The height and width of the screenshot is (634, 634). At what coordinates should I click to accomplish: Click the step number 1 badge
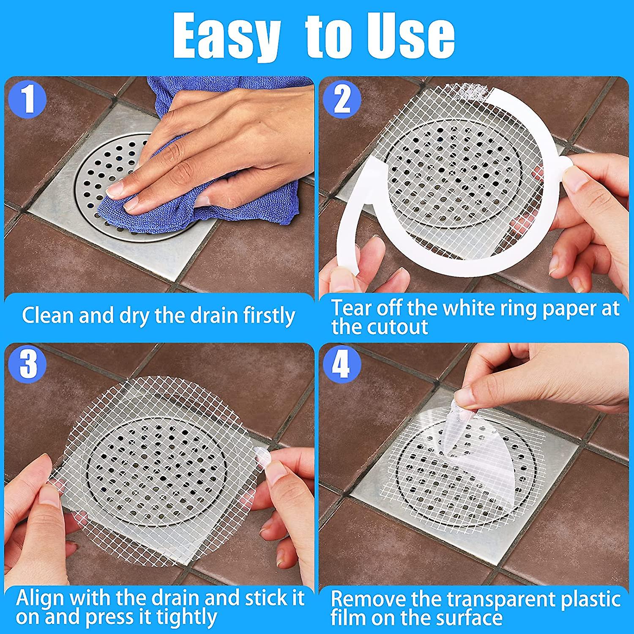click(27, 99)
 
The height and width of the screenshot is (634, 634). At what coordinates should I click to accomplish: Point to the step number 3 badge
click(28, 363)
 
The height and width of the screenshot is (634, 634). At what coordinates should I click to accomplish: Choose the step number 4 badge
click(342, 363)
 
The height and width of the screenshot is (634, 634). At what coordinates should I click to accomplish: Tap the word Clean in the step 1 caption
click(48, 316)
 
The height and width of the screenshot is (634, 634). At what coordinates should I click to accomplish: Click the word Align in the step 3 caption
click(40, 598)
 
